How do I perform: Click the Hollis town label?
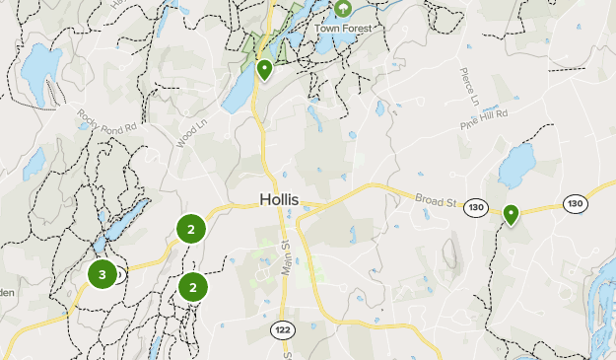(x=278, y=199)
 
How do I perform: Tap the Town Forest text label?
(x=343, y=28)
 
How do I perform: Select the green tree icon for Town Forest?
(x=343, y=9)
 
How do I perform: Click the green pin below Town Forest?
(x=264, y=70)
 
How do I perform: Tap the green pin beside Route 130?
(x=511, y=214)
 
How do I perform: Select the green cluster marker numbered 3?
(x=103, y=274)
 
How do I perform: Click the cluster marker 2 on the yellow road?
(x=190, y=229)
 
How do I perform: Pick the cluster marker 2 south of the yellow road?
(x=193, y=287)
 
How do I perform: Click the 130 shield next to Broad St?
(x=477, y=207)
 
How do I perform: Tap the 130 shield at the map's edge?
(x=576, y=203)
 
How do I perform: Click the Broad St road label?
(x=438, y=200)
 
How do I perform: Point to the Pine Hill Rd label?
(x=483, y=120)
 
